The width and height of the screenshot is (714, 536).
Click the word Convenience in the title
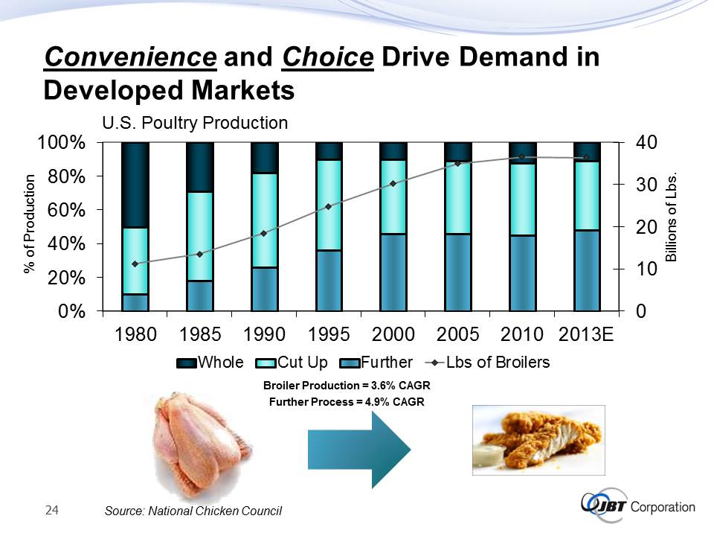130,57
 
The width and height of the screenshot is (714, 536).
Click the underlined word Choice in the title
327,57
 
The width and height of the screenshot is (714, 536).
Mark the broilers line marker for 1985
200,254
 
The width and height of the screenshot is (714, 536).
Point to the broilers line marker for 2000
393,183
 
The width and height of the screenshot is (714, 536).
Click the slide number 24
52,510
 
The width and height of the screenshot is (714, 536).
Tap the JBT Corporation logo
638,508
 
